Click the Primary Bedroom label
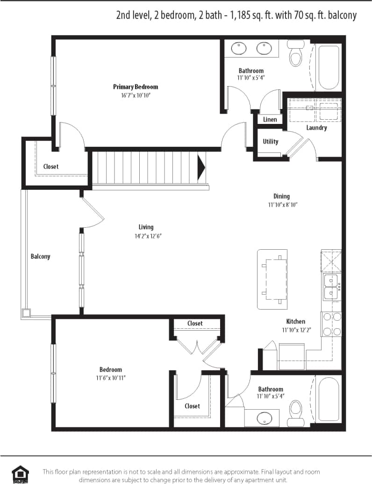pos(136,87)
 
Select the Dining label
pos(281,196)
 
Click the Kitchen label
pos(295,321)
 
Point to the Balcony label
pos(40,256)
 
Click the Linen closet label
pos(270,119)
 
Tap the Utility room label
pos(270,142)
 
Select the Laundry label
pos(316,128)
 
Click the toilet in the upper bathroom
pos(295,53)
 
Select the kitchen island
pos(273,279)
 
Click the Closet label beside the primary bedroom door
pos(51,166)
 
